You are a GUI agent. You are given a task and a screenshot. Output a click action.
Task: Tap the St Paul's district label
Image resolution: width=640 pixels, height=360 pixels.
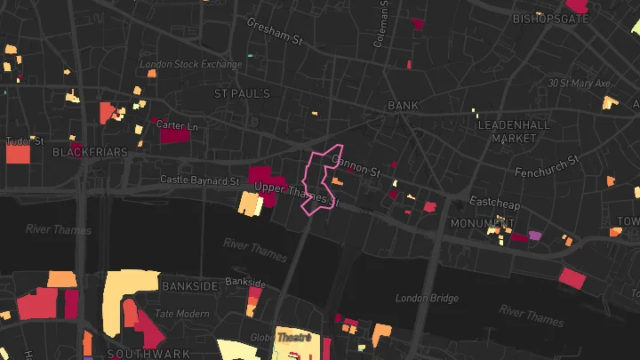[243, 93]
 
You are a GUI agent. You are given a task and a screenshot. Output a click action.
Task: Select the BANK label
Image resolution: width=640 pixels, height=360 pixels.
[403, 106]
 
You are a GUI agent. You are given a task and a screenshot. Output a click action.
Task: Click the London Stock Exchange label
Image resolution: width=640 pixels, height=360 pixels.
[190, 65]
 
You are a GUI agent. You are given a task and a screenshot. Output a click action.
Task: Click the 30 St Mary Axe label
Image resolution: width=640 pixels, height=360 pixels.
[580, 83]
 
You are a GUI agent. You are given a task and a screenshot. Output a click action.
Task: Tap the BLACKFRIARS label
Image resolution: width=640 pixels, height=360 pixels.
[90, 152]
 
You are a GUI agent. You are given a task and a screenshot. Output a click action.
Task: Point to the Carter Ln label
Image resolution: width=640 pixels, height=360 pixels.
[177, 126]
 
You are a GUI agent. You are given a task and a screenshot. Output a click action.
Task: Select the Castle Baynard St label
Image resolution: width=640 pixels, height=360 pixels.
[200, 180]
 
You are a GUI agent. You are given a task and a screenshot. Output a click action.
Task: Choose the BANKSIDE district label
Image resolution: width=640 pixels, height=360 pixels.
[190, 286]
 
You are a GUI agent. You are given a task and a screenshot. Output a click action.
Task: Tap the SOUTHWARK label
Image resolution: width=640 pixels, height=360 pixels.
[136, 353]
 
